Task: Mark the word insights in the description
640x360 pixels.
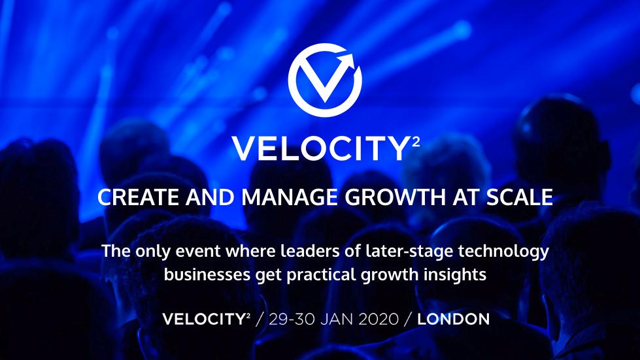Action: pos(460,274)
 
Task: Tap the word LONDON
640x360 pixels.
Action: pos(454,319)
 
